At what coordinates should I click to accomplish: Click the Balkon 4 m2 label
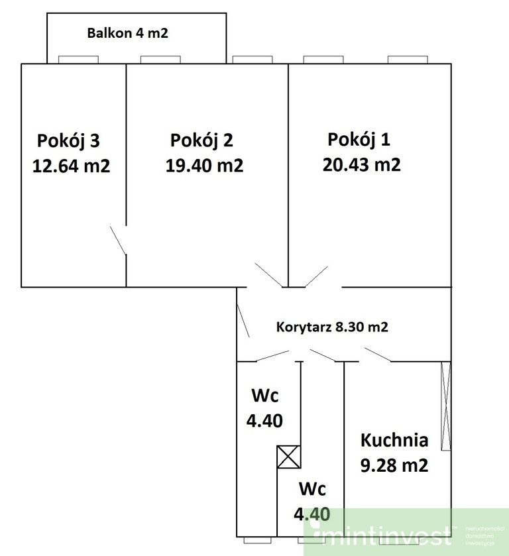point(128,32)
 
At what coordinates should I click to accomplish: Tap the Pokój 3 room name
point(69,140)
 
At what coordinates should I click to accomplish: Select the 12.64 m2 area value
point(71,166)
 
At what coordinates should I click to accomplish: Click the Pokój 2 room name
point(201,140)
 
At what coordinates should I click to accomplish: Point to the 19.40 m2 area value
point(204,166)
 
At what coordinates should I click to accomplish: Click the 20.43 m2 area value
point(361,164)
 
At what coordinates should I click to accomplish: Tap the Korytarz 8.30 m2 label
point(332,327)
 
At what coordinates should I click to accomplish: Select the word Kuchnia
point(394,439)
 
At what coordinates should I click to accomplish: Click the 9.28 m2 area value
point(394,465)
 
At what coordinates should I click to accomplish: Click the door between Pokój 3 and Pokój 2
point(119,241)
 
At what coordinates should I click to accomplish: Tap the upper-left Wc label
point(265,396)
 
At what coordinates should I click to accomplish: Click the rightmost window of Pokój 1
point(408,60)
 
